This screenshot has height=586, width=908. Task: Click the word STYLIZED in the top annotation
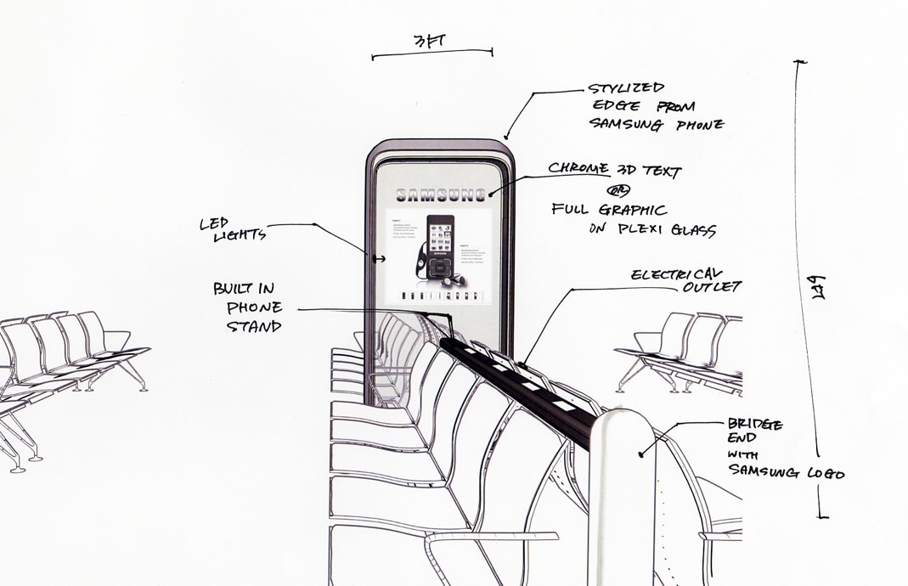coord(626,88)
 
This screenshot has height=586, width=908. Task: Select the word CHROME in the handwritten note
coord(578,168)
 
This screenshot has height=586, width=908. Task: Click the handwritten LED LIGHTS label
coord(232,229)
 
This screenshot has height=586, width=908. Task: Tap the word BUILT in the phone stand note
coord(243,289)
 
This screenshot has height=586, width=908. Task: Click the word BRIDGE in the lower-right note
coord(755,424)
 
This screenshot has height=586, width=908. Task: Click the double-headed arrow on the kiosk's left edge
coord(379,258)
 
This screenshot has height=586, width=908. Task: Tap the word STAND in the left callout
coord(254,326)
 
